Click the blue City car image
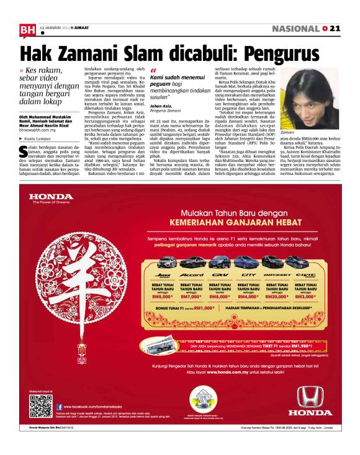[250, 263]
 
